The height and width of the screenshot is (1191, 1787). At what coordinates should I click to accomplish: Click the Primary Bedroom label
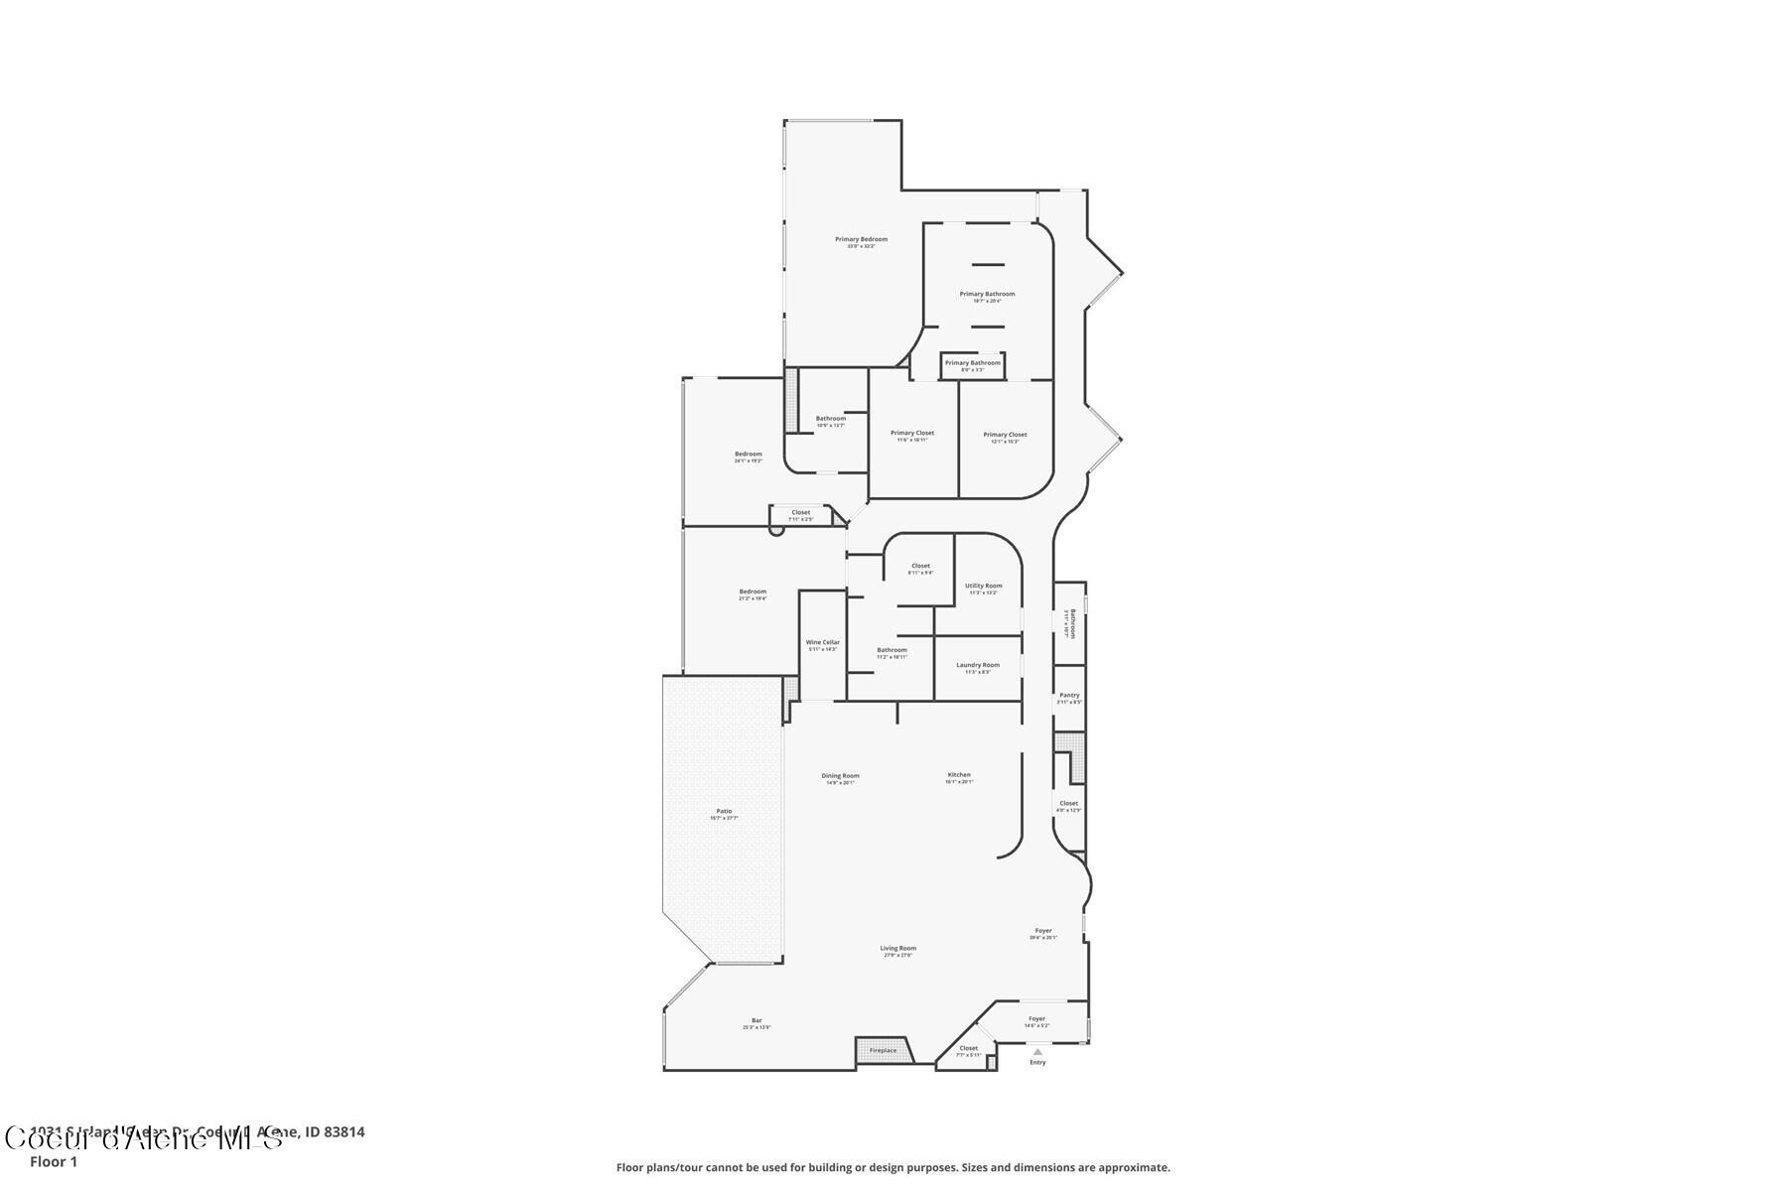point(861,240)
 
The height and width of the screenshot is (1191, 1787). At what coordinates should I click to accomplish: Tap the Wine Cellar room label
point(822,643)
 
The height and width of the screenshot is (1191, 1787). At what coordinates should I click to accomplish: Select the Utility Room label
point(983,587)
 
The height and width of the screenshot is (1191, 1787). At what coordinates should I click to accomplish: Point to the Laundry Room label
point(978,666)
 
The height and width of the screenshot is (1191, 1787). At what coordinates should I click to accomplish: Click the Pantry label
point(1069,696)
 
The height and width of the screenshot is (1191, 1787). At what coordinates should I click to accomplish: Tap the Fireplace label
point(883,1050)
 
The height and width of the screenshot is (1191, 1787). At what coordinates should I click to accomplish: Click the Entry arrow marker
point(1037,1052)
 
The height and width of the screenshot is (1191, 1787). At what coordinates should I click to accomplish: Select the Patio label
point(724,812)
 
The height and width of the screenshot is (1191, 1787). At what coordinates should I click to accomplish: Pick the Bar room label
point(756,1021)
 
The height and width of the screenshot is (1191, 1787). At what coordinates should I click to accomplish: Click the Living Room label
point(897,949)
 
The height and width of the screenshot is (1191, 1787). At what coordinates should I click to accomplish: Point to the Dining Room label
point(840,776)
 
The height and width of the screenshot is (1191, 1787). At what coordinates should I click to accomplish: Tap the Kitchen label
point(959,775)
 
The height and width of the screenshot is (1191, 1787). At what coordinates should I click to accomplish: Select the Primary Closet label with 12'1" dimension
point(1005,435)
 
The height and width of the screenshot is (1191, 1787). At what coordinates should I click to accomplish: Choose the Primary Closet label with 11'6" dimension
point(911,434)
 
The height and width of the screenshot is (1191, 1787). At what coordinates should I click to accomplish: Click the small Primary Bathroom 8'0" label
point(972,363)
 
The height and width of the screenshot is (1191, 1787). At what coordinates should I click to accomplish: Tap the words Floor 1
point(54,1161)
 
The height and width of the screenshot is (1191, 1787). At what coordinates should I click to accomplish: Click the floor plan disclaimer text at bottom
point(893,1167)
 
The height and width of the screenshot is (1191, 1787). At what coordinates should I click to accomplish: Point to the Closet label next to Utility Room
point(920,567)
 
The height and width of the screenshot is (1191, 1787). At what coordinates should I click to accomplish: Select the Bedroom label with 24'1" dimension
point(748,455)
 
